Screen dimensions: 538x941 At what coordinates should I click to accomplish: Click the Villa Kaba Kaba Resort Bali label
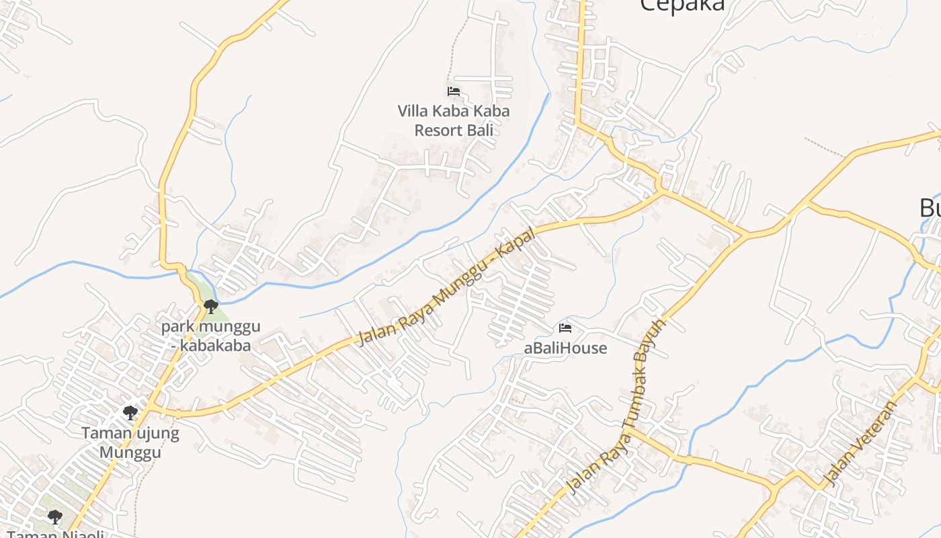454,120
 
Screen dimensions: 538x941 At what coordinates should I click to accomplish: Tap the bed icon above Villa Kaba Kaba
454,91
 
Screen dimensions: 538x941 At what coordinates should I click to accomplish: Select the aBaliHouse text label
565,348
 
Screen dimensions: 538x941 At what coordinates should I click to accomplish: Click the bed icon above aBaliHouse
565,328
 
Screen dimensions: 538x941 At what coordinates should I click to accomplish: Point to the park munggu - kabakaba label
210,336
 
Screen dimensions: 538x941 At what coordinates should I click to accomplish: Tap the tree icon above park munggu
211,307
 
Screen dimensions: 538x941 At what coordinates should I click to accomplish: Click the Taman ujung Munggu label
130,442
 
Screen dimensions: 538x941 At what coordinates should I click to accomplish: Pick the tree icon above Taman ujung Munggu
130,412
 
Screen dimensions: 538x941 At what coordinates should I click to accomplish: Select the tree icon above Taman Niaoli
55,517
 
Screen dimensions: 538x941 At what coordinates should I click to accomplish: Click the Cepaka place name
682,5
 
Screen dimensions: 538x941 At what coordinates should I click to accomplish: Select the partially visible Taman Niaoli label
55,534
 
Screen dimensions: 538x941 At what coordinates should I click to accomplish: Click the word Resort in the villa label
440,130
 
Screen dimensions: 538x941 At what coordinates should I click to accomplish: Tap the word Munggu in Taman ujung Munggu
130,451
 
